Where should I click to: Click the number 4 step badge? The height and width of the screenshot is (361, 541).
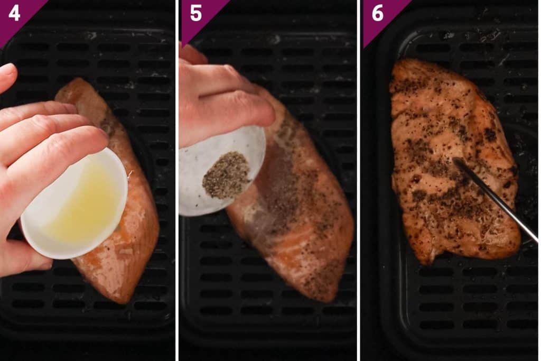[x=14, y=13]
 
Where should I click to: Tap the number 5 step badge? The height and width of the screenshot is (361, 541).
[x=196, y=13]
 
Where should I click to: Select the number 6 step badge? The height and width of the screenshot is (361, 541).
[x=378, y=13]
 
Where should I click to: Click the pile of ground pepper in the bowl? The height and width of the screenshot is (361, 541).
[x=226, y=175]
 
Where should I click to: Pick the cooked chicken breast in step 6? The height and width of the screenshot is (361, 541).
[x=449, y=159]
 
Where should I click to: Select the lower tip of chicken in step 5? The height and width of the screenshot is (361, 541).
[x=328, y=296]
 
